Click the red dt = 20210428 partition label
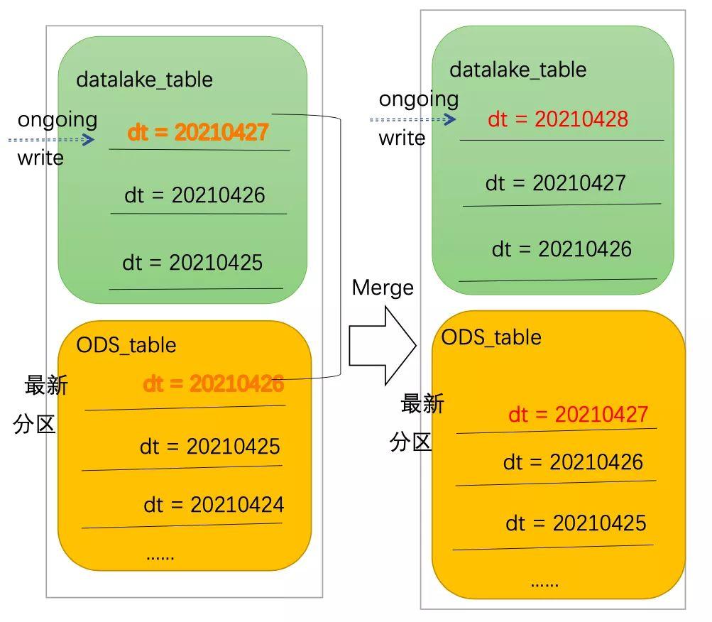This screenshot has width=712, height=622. tap(558, 119)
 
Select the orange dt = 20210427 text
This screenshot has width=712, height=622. tap(198, 132)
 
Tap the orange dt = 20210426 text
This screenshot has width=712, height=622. tap(213, 384)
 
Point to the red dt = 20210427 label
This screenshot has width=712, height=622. tap(578, 414)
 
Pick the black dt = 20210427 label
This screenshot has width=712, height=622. tap(555, 183)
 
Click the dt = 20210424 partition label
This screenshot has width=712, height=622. tap(213, 505)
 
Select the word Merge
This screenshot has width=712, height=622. tap(383, 288)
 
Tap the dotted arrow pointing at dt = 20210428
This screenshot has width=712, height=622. tap(412, 119)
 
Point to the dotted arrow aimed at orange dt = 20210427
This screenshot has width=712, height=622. tap(51, 140)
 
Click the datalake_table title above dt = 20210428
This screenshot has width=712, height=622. tap(517, 70)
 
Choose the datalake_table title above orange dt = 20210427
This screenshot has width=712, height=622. tap(144, 79)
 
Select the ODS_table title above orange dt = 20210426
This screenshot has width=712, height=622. tap(126, 345)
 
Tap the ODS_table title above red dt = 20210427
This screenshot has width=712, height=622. tap(491, 337)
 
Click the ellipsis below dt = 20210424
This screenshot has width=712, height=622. tap(160, 556)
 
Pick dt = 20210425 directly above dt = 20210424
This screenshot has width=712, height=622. tap(209, 447)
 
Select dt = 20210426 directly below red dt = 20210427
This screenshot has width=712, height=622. tap(573, 462)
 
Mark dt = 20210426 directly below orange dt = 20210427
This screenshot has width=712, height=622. tap(195, 195)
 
